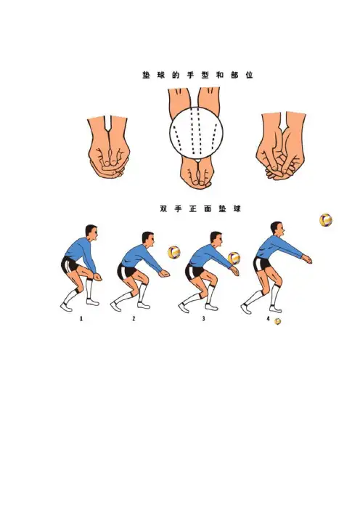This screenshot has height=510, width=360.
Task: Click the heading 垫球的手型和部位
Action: click(x=197, y=75)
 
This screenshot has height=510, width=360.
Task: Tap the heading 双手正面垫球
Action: click(x=200, y=209)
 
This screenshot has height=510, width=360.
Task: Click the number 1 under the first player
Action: click(x=81, y=319)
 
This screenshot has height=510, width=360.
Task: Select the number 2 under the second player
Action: click(x=134, y=319)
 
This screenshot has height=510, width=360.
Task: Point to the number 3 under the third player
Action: click(x=204, y=319)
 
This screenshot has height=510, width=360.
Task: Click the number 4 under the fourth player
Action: click(x=269, y=319)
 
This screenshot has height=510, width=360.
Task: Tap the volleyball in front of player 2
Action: click(x=174, y=252)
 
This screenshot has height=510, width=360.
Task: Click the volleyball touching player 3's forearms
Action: click(x=234, y=258)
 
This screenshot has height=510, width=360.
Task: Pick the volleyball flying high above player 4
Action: click(x=326, y=220)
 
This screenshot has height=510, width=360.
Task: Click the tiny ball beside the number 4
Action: click(x=277, y=321)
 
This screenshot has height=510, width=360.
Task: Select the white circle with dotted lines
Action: click(x=196, y=133)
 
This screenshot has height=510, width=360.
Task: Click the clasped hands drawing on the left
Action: click(x=109, y=147)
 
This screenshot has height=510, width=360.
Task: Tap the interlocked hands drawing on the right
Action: click(x=281, y=146)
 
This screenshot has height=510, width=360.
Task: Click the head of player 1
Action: click(x=91, y=232)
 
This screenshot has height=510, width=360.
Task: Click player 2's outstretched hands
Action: click(x=164, y=274)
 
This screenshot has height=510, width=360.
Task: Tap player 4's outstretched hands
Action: click(x=307, y=259)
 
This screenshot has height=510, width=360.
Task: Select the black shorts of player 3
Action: click(x=194, y=272)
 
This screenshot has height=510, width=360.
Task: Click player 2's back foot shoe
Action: click(x=115, y=307)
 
